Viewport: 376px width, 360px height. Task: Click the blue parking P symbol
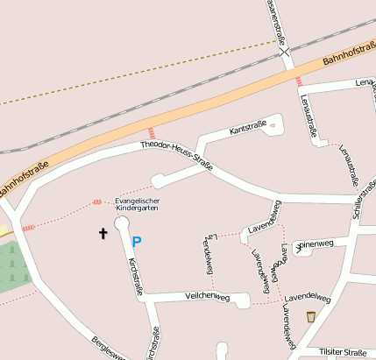click(137, 241)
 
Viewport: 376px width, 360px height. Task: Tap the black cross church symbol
click(103, 233)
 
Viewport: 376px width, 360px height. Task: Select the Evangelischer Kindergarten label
click(138, 205)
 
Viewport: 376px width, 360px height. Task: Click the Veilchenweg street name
click(207, 298)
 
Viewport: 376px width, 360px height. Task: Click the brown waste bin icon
click(310, 316)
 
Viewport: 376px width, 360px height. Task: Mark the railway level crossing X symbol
click(286, 53)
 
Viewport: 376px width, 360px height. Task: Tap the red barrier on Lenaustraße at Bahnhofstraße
click(299, 81)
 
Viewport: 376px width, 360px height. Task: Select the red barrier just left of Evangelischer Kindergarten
click(96, 203)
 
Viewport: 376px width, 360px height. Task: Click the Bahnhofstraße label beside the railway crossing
click(348, 53)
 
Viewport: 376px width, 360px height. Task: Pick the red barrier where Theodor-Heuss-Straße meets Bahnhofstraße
click(151, 132)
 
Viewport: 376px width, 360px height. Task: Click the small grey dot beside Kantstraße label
click(273, 127)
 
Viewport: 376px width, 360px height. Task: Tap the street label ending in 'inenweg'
click(316, 244)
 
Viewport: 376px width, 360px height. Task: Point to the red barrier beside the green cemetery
click(28, 227)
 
